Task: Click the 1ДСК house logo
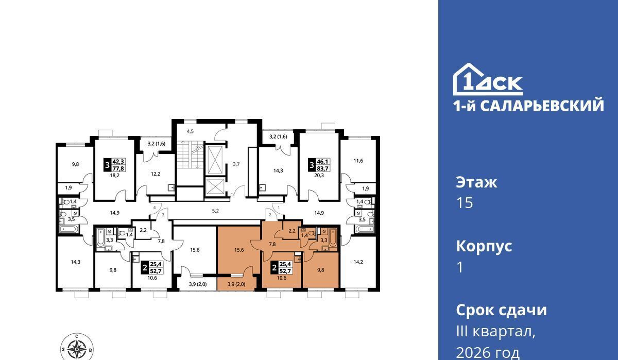point(488,79)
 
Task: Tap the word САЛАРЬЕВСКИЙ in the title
point(542,106)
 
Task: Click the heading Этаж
point(476,182)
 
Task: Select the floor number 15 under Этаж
point(465,203)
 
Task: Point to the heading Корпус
point(484,246)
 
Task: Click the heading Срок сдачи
point(501,310)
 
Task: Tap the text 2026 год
point(488,353)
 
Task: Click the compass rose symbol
point(77,348)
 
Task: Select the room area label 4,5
point(190,131)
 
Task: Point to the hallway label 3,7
point(236,164)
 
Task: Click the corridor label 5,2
point(215,211)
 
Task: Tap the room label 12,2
point(156,174)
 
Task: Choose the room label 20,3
point(319,175)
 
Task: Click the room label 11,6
point(358,161)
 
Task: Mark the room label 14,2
point(358,262)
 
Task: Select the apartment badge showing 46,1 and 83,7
point(319,165)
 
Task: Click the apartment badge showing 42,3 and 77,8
point(115,165)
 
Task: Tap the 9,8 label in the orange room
point(320,270)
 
